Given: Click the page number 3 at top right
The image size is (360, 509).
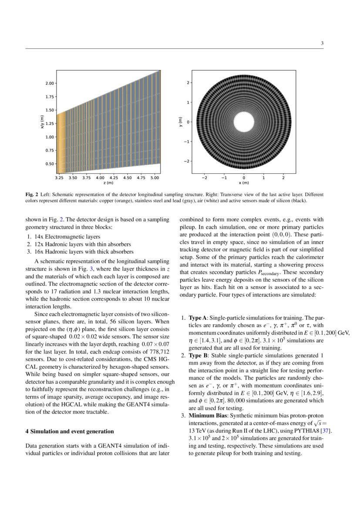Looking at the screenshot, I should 322,43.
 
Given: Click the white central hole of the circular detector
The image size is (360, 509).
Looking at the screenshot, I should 244,122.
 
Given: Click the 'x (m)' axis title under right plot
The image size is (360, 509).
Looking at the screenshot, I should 244,183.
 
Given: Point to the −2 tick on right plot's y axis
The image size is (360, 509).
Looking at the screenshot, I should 187,161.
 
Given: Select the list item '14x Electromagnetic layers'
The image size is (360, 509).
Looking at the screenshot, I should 63,237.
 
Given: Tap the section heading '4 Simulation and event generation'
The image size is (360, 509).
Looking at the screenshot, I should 69,431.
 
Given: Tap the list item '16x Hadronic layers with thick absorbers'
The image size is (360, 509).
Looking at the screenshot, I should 81,252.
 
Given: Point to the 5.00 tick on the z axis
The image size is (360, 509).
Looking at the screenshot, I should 155,178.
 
